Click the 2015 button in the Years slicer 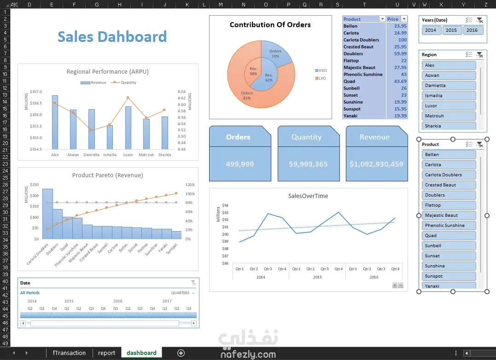tap(451, 30)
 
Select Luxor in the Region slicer tap(449, 106)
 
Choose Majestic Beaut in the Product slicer tap(449, 215)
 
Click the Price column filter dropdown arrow tap(404, 19)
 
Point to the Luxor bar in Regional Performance tap(128, 128)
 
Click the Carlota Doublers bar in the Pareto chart tap(48, 214)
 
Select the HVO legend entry tap(321, 70)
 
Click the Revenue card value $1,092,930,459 tap(376, 164)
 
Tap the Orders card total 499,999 tap(240, 164)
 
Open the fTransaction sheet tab tap(69, 353)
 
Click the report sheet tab tap(106, 353)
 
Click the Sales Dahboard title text tap(112, 37)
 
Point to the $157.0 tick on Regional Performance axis tap(36, 92)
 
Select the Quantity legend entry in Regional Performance tap(123, 82)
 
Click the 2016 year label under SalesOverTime tap(374, 277)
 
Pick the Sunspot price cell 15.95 tap(400, 109)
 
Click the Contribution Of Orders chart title tap(270, 25)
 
